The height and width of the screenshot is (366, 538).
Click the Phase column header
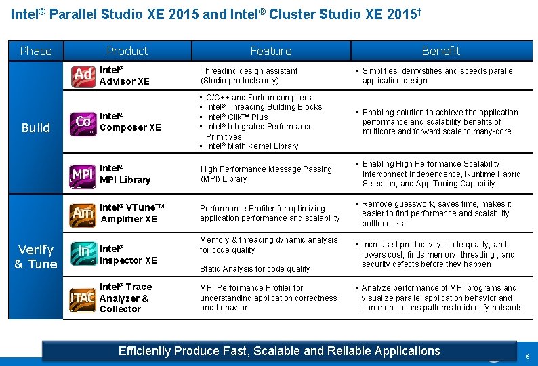36,51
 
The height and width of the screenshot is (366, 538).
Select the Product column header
127,51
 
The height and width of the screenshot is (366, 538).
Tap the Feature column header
271,51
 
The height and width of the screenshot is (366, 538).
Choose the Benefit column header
440,51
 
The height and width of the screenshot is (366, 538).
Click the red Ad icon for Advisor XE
83,75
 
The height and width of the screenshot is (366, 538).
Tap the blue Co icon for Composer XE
83,121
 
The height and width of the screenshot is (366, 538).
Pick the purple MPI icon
83,174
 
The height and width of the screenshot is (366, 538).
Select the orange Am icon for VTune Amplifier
83,213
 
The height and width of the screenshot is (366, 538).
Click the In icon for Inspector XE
83,251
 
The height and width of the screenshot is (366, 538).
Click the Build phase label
36,127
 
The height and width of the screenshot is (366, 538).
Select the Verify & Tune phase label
36,258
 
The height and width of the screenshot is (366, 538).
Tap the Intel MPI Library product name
125,174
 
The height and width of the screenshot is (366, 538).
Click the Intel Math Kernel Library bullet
252,146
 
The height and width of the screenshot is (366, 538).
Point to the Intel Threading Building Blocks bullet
264,107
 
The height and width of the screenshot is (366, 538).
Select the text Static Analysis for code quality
255,269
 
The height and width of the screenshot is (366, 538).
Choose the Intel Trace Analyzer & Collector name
125,298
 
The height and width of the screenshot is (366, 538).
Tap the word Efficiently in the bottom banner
144,351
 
